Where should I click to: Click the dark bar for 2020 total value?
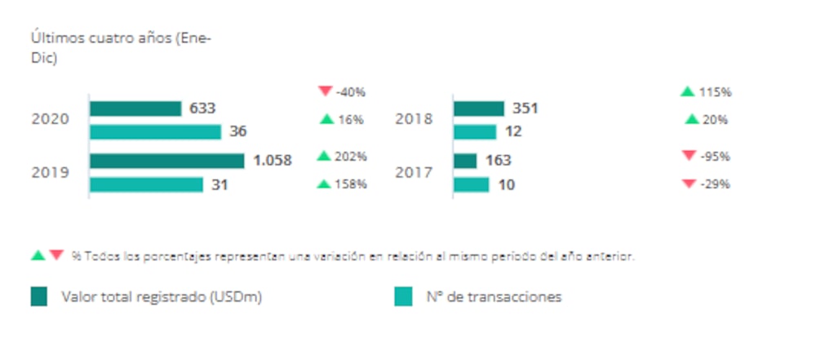pyautogui.click(x=135, y=109)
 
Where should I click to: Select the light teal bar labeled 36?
pyautogui.click(x=155, y=131)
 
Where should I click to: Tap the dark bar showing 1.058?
pyautogui.click(x=166, y=161)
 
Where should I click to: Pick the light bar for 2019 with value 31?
pyautogui.click(x=146, y=184)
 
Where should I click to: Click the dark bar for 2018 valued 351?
pyautogui.click(x=478, y=109)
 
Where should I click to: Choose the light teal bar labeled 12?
pyautogui.click(x=474, y=131)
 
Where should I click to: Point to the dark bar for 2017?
pyautogui.click(x=464, y=161)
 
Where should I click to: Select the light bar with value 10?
pyautogui.click(x=471, y=184)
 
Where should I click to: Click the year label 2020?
pyautogui.click(x=50, y=119)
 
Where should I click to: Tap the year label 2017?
pyautogui.click(x=414, y=172)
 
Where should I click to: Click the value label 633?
pyautogui.click(x=202, y=109)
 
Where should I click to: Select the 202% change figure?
pyautogui.click(x=350, y=156)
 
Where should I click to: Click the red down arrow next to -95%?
pyautogui.click(x=688, y=156)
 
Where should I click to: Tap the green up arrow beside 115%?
pyautogui.click(x=687, y=91)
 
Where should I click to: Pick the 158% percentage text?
pyautogui.click(x=350, y=184)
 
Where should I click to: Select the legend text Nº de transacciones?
pyautogui.click(x=494, y=297)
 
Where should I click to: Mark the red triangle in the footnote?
pyautogui.click(x=56, y=256)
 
